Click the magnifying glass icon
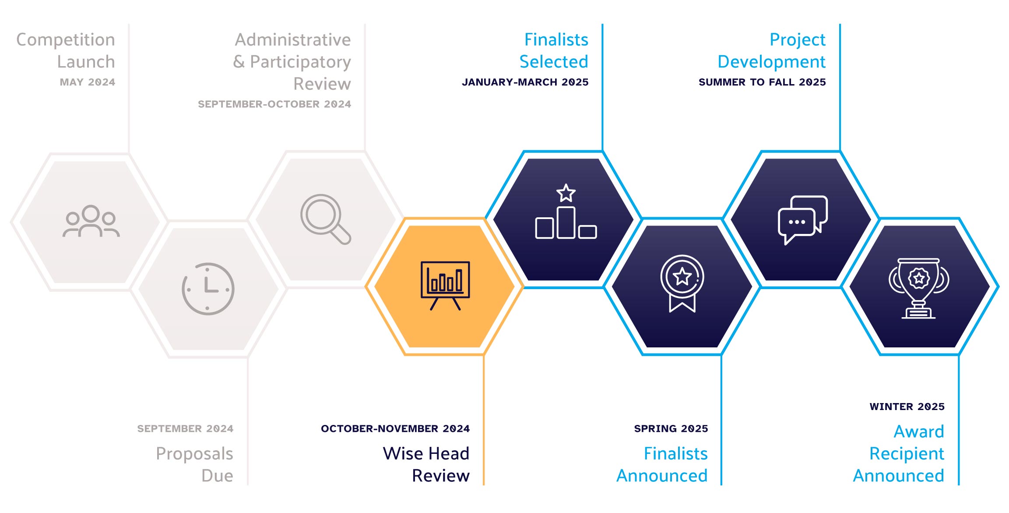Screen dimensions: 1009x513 pos(325,219)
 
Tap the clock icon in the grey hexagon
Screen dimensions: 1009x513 pos(208,289)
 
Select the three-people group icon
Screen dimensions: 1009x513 pos(91,221)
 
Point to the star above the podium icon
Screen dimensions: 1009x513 pos(566,193)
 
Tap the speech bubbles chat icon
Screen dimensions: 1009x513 pos(802,220)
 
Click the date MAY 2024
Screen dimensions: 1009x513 pos(88,82)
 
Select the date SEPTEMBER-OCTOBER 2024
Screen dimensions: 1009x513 pos(274,104)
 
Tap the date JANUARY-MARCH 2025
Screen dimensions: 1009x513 pos(525,82)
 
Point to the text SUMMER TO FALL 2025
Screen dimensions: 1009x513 pos(762,82)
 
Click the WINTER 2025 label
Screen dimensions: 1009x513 pos(907,407)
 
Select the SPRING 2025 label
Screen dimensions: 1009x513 pos(671,428)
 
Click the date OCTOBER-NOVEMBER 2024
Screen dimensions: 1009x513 pos(395,428)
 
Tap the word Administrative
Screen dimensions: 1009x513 pos(293,40)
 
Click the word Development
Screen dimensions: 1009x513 pos(772,62)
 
